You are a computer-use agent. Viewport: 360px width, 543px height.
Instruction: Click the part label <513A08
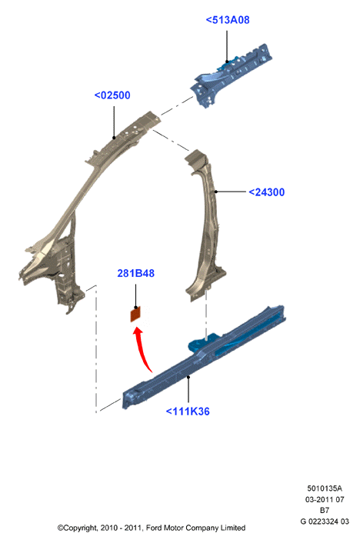pos(227,20)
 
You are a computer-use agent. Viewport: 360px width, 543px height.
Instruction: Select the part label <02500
pos(112,95)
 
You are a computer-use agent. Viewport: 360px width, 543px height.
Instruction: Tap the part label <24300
pos(266,192)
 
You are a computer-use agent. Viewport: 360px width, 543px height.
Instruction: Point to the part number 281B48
pos(136,273)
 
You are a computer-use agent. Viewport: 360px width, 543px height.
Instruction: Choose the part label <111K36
pos(188,411)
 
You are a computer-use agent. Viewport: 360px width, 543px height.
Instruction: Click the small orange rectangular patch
pos(135,315)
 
